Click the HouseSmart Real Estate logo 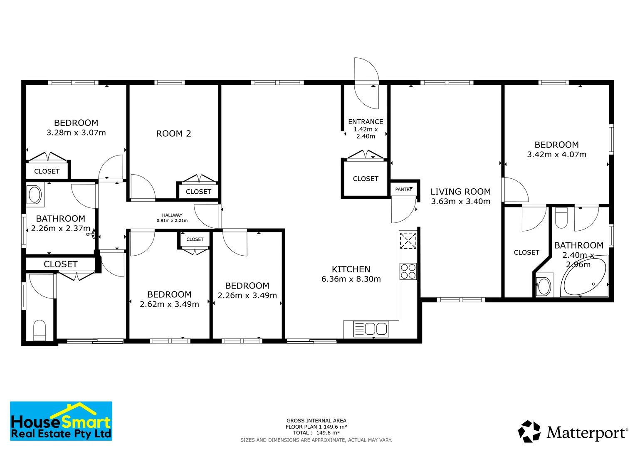[x=61, y=421]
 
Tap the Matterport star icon [x=529, y=431]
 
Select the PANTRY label [x=403, y=189]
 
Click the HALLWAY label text [x=172, y=215]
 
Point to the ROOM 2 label [x=173, y=133]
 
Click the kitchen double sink [x=371, y=329]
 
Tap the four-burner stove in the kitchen [x=408, y=271]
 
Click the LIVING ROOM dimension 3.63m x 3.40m [x=460, y=202]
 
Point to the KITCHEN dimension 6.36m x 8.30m [x=351, y=279]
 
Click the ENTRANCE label [x=366, y=122]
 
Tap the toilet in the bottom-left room [x=39, y=330]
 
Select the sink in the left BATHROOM [x=35, y=195]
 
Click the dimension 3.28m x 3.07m [x=76, y=133]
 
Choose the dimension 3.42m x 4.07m [x=556, y=155]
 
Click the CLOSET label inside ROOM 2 [x=198, y=192]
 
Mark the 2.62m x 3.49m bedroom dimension [x=169, y=304]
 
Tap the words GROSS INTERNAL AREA [x=316, y=421]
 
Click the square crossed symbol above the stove [x=408, y=240]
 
